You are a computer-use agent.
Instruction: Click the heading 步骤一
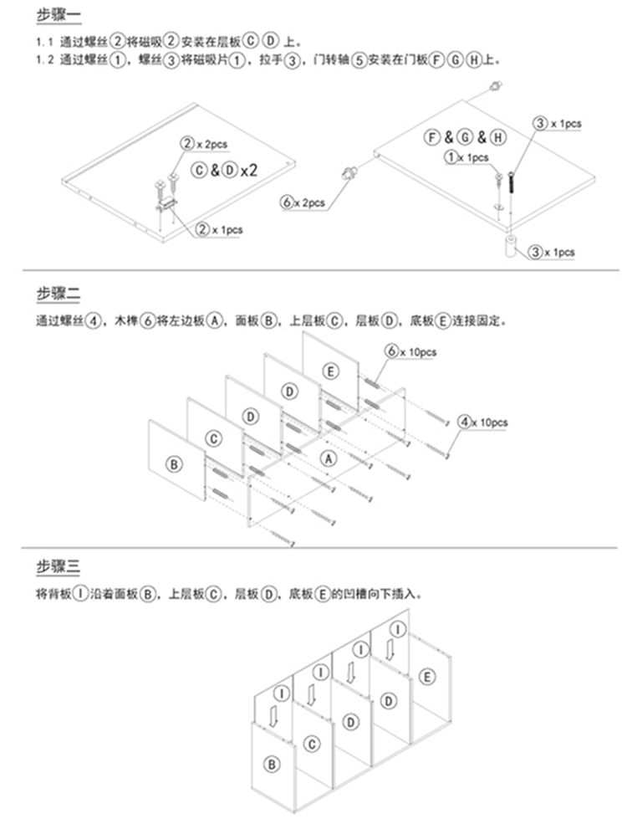coord(58,16)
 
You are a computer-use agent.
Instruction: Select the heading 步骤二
coord(58,294)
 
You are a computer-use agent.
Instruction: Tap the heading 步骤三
coord(58,566)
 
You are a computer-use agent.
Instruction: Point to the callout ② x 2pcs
coord(204,143)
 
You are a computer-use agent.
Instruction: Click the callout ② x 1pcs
coord(219,230)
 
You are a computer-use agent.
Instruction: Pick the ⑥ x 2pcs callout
coord(303,202)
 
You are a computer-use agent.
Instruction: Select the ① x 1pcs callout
coord(466,157)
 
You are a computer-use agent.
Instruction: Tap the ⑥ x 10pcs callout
coord(411,351)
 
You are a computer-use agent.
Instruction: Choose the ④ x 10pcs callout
coord(482,422)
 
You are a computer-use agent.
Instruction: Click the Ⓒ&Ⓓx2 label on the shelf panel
coord(225,171)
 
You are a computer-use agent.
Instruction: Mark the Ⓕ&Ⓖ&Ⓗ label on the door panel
coord(465,138)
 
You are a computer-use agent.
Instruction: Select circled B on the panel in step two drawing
coord(174,464)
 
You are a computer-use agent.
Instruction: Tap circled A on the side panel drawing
coord(329,458)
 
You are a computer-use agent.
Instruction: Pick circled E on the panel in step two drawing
coord(330,371)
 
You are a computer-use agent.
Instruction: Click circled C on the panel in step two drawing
coord(213,439)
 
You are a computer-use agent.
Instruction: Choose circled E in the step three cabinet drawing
coord(427,678)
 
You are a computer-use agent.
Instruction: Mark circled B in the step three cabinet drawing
coord(272,764)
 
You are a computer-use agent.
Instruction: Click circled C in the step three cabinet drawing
coord(312,744)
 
